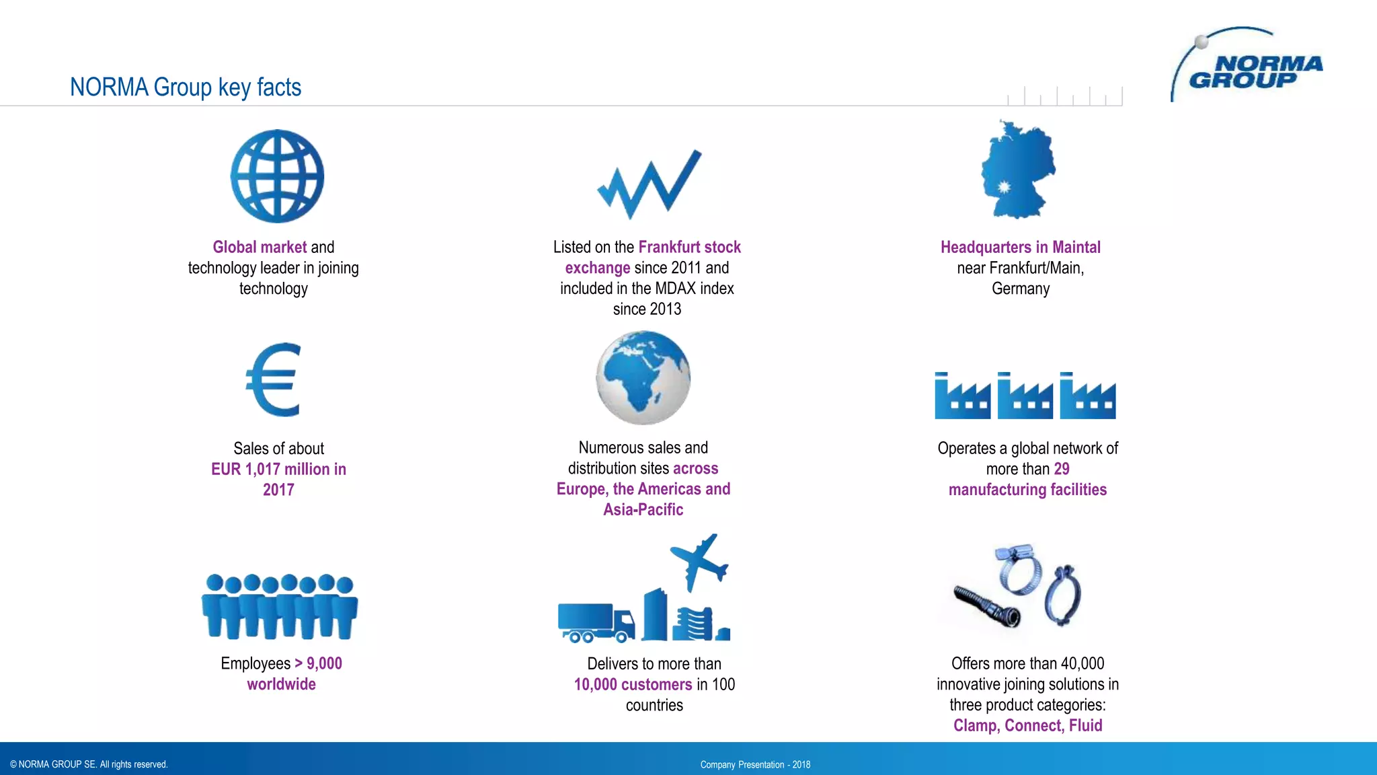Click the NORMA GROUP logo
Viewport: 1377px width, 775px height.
(x=1247, y=67)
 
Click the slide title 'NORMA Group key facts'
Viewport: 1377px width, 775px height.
(x=186, y=87)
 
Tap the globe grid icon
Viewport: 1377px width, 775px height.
(x=277, y=176)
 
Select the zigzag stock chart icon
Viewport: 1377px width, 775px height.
(x=649, y=184)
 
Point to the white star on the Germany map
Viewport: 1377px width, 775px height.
(x=1003, y=187)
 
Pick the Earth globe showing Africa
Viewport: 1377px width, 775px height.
(x=643, y=377)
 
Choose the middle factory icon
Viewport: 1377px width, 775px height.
(x=1025, y=396)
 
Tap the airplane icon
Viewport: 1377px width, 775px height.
(x=700, y=561)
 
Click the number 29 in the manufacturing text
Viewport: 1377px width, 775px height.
(x=1062, y=469)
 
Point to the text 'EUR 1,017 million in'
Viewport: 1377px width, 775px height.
(x=278, y=469)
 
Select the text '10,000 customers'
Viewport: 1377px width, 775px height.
(x=633, y=684)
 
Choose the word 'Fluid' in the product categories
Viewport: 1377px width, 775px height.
(x=1085, y=725)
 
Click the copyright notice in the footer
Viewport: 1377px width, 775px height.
(x=89, y=764)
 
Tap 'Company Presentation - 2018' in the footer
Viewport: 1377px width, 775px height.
(x=755, y=765)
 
